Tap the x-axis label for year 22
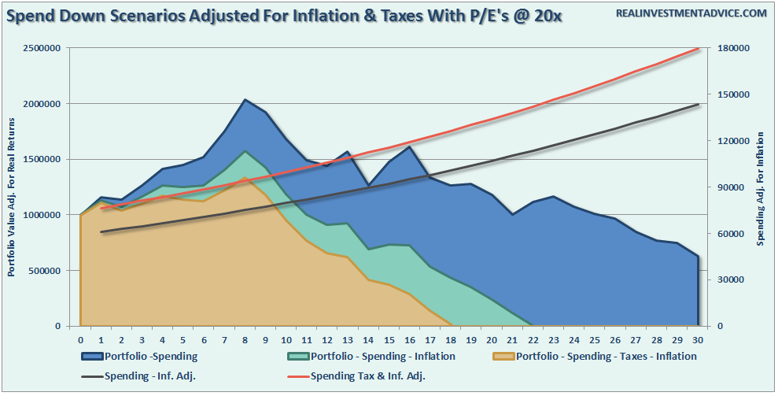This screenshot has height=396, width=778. point(533,339)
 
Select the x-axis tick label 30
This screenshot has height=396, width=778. point(697,339)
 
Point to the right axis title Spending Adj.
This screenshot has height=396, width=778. point(760,189)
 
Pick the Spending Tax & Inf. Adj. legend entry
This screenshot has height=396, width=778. point(364,376)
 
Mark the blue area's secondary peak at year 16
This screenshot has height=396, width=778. point(409,147)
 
